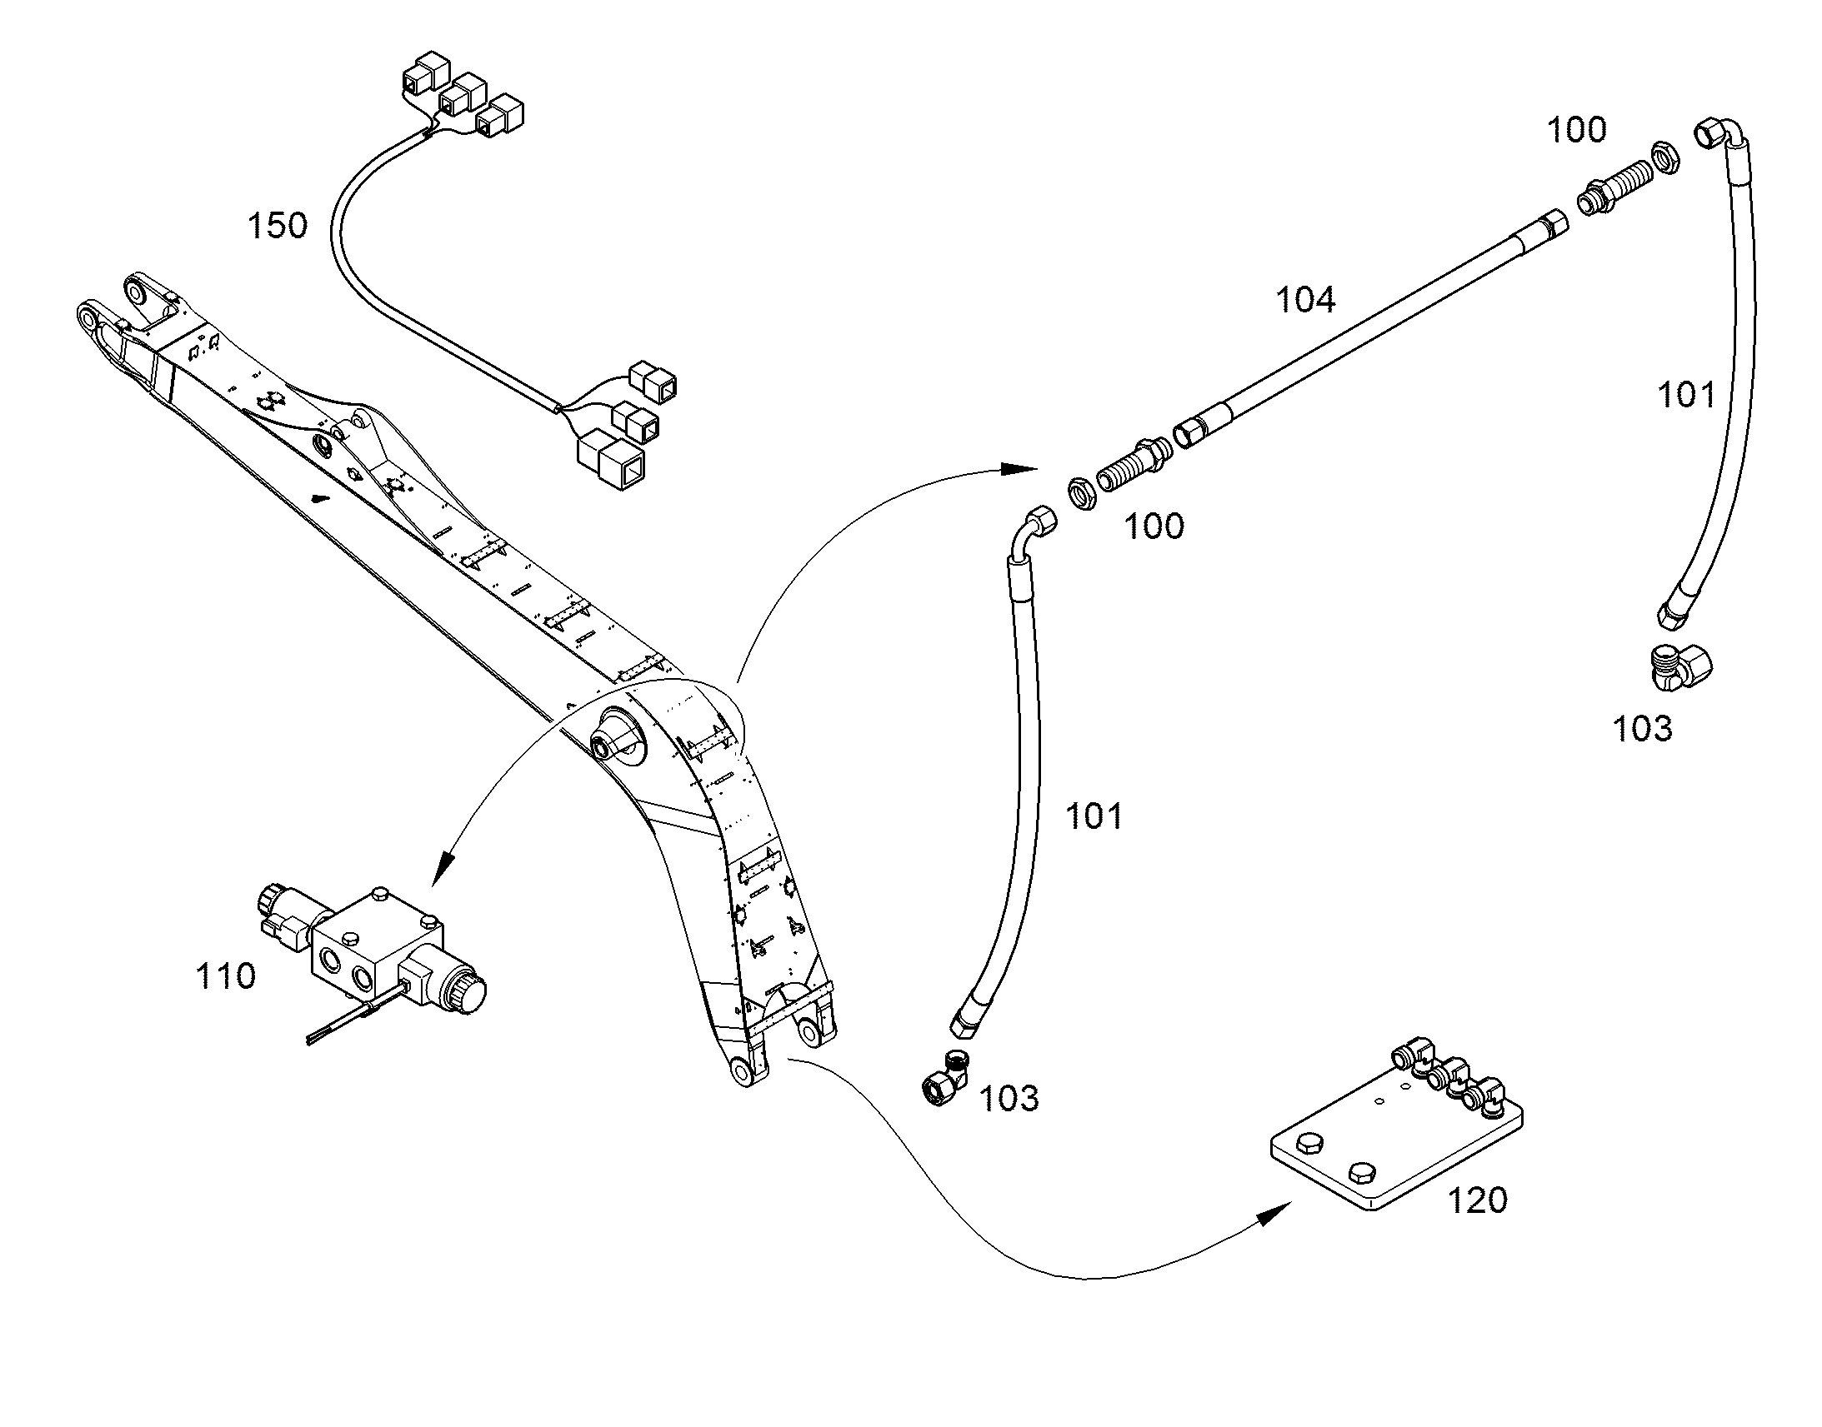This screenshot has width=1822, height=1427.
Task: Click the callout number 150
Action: pyautogui.click(x=278, y=226)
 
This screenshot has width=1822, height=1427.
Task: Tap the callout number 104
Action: pyautogui.click(x=1305, y=299)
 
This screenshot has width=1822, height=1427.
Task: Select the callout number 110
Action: pyautogui.click(x=225, y=975)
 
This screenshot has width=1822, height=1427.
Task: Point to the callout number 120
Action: pyautogui.click(x=1477, y=1200)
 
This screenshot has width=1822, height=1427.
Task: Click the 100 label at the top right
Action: pyautogui.click(x=1576, y=130)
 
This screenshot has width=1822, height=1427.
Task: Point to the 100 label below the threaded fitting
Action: pyautogui.click(x=1154, y=526)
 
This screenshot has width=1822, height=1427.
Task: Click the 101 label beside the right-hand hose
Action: pyautogui.click(x=1687, y=394)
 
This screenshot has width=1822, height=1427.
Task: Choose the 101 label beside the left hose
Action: pyautogui.click(x=1094, y=816)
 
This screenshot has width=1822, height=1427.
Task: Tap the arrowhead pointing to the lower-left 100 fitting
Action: pyautogui.click(x=1019, y=469)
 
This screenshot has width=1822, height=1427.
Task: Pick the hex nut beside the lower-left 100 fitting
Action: pyautogui.click(x=1083, y=494)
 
